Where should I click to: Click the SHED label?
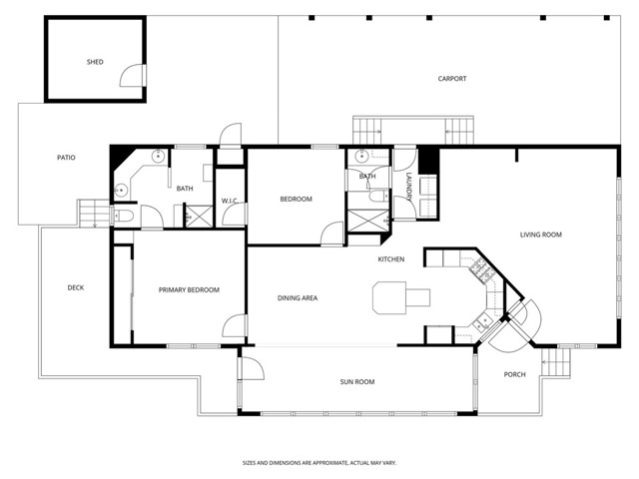[95, 62]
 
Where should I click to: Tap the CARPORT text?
[451, 79]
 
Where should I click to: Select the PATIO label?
[66, 158]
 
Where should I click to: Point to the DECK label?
[76, 288]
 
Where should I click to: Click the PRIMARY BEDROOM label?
[189, 289]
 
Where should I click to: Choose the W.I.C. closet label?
[228, 200]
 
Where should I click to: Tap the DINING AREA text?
[297, 298]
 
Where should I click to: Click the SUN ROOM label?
[356, 381]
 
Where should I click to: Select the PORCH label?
[514, 374]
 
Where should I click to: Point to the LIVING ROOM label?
[540, 236]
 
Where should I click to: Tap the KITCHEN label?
[390, 259]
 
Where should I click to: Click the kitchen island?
[400, 295]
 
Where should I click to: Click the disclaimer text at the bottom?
[319, 463]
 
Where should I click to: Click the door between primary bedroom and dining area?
[238, 326]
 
